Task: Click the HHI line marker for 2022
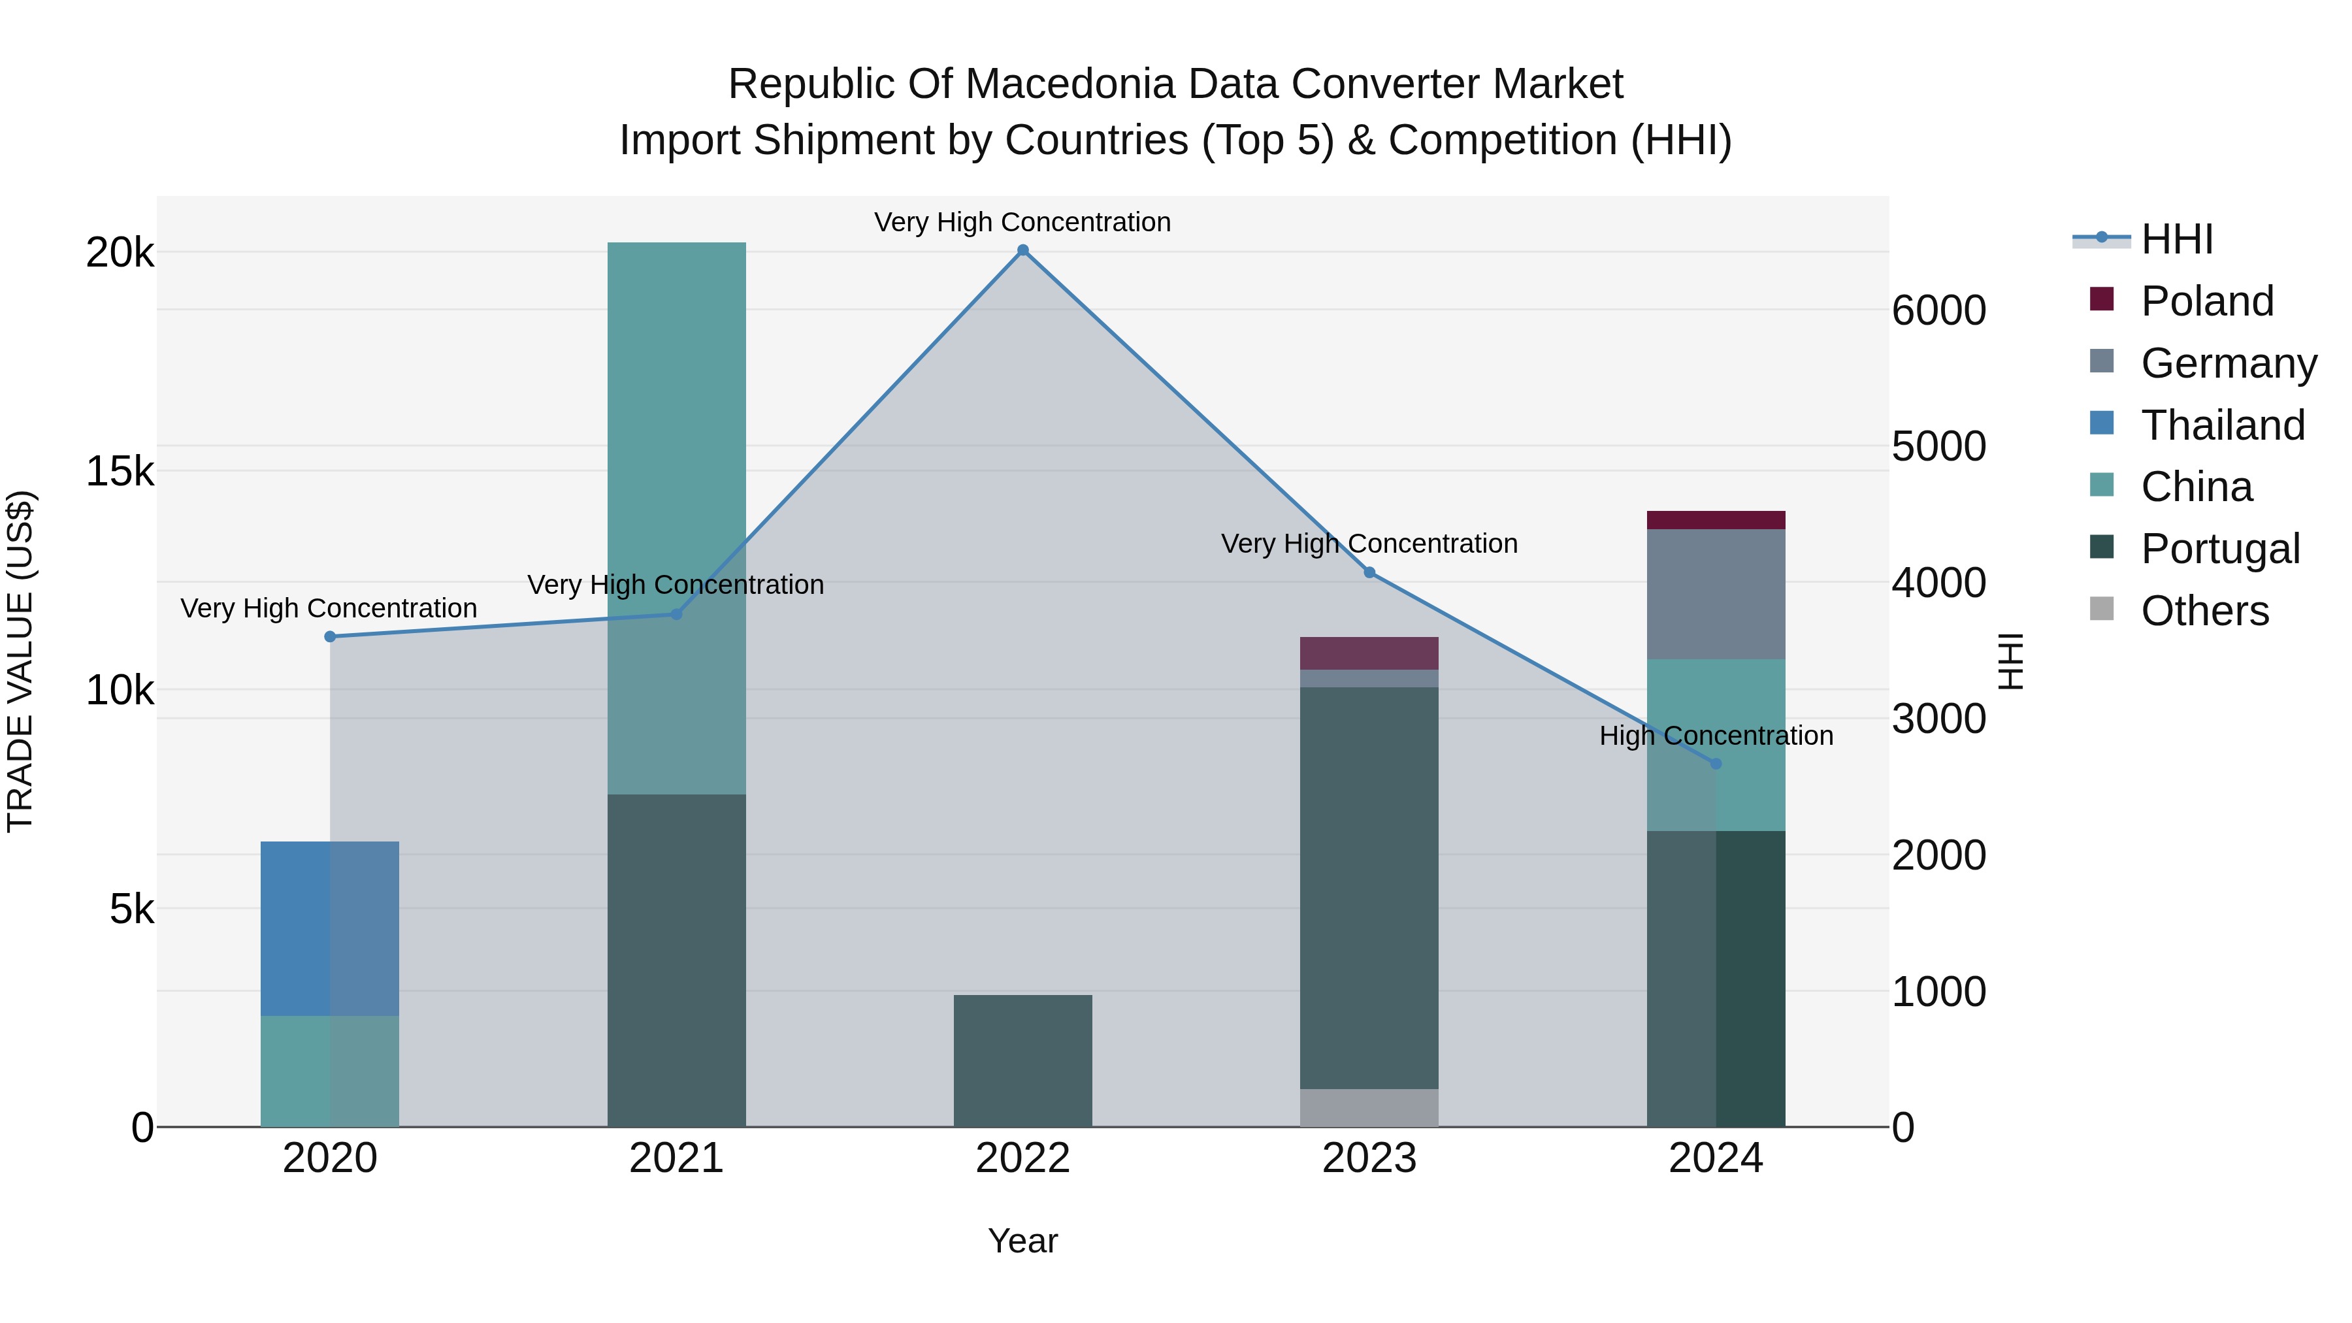pyautogui.click(x=1022, y=250)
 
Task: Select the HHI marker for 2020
pyautogui.click(x=331, y=636)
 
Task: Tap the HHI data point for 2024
pyautogui.click(x=1716, y=763)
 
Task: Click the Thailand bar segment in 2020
pyautogui.click(x=330, y=928)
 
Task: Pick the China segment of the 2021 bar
pyautogui.click(x=677, y=517)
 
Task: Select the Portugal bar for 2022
pyautogui.click(x=1022, y=1060)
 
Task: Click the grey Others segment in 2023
pyautogui.click(x=1369, y=1107)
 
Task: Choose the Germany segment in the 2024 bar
pyautogui.click(x=1716, y=595)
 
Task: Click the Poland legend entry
pyautogui.click(x=2205, y=301)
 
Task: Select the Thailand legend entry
pyautogui.click(x=2221, y=425)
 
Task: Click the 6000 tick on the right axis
pyautogui.click(x=1938, y=310)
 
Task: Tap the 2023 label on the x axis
pyautogui.click(x=1369, y=1158)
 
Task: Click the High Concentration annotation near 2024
pyautogui.click(x=1716, y=736)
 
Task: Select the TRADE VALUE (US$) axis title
pyautogui.click(x=20, y=661)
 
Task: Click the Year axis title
pyautogui.click(x=1022, y=1241)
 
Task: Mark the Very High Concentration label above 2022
pyautogui.click(x=1022, y=222)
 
